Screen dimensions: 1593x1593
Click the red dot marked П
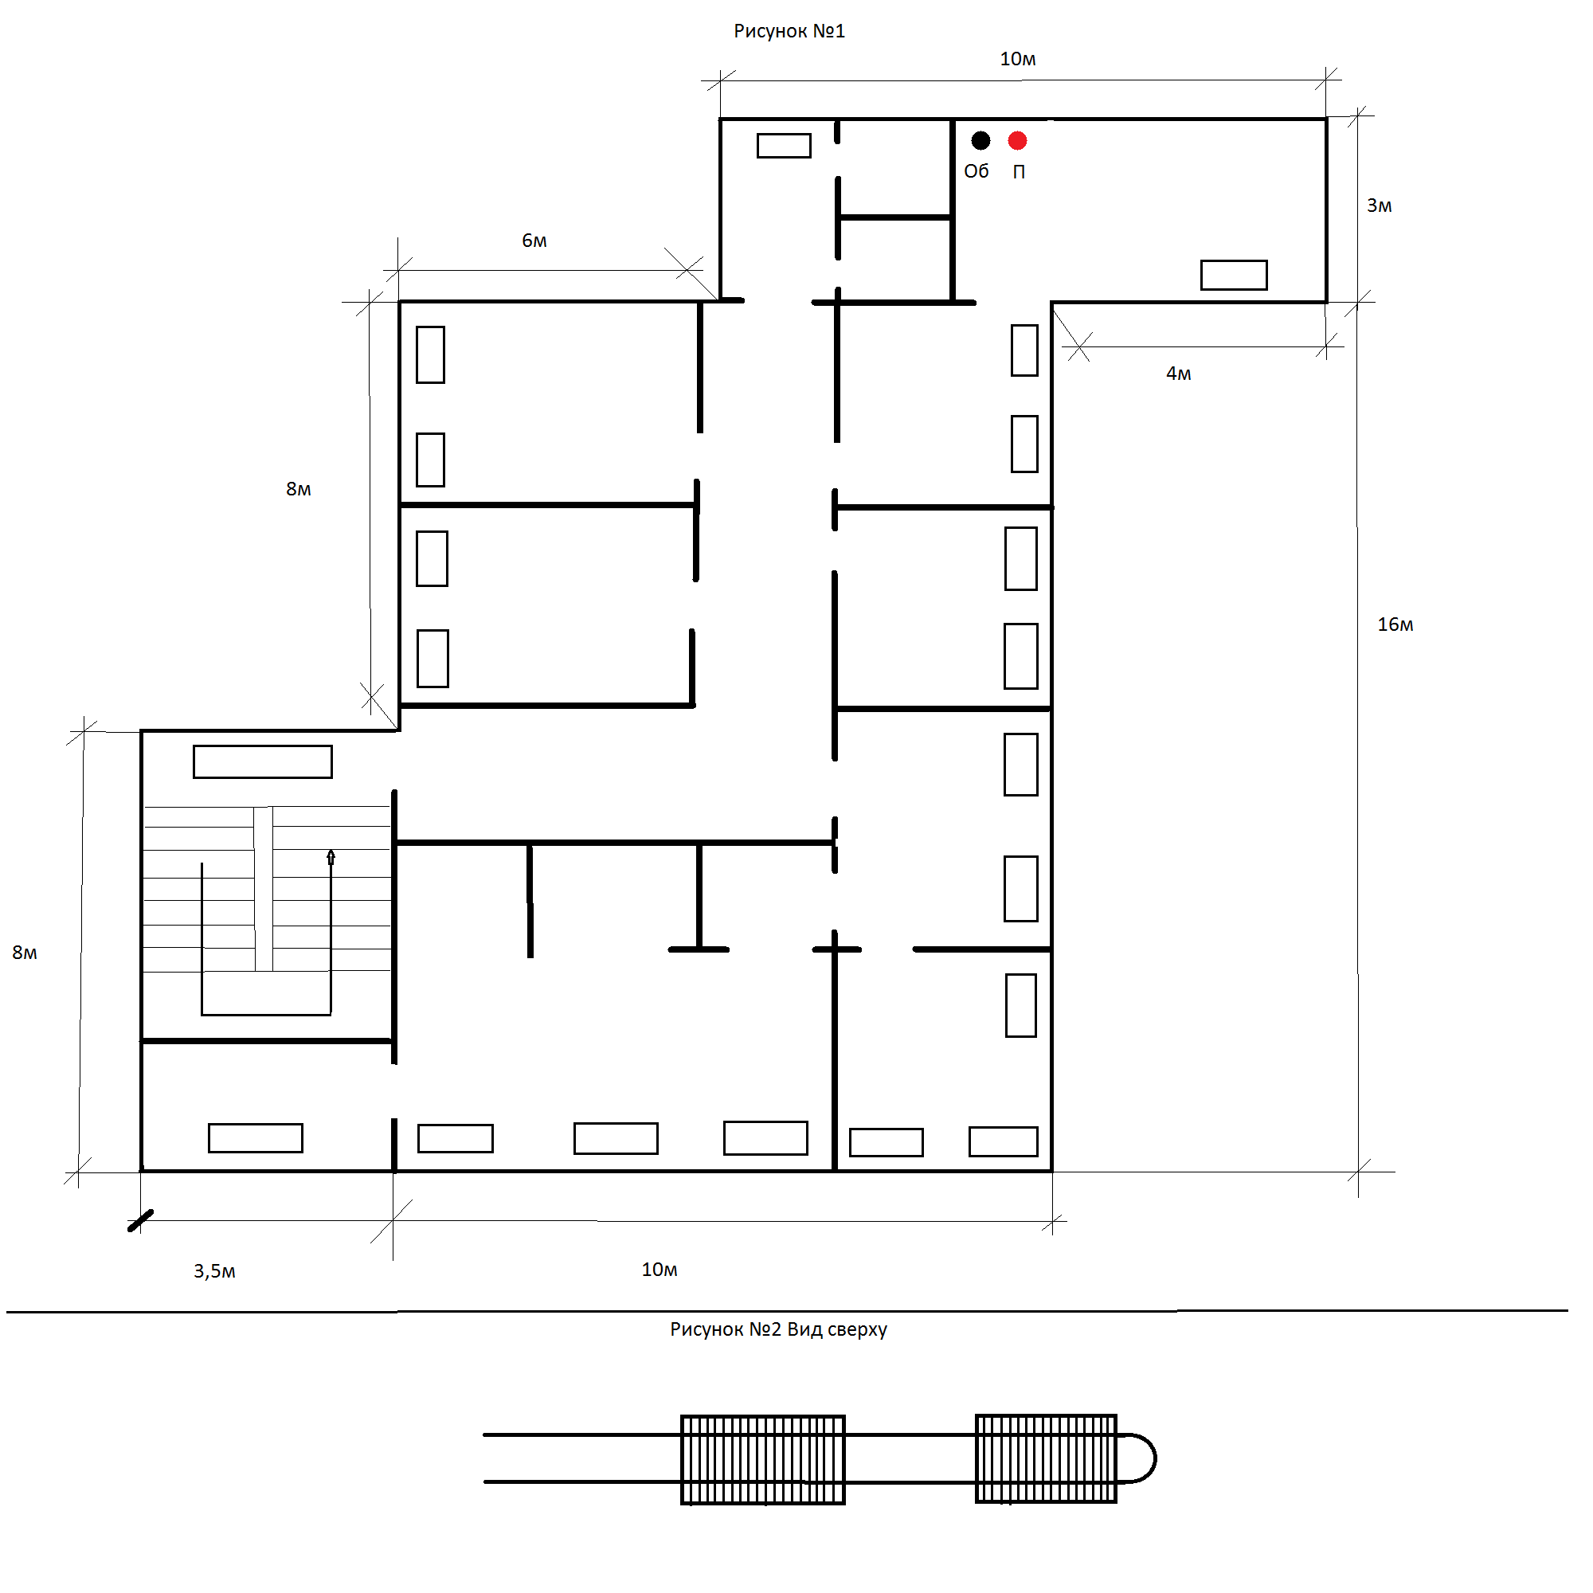[x=1017, y=141]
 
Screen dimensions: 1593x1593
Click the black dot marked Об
[x=980, y=141]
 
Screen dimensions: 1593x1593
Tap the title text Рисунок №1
[x=789, y=31]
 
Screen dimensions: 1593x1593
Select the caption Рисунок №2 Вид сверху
[x=778, y=1329]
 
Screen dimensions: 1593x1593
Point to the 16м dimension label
[x=1395, y=625]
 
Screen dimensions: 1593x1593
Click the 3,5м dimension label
[x=214, y=1271]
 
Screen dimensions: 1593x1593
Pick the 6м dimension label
[x=534, y=241]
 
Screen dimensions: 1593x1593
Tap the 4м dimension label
[x=1178, y=374]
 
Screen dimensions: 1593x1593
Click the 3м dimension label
[x=1380, y=206]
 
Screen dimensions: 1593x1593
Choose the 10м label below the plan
[x=660, y=1270]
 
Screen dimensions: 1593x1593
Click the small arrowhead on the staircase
[x=331, y=857]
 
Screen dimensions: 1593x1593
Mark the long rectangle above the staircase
[x=263, y=762]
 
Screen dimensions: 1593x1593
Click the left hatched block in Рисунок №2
[x=763, y=1459]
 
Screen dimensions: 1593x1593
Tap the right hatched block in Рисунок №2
[x=1046, y=1458]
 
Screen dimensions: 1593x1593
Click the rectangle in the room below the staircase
[x=256, y=1138]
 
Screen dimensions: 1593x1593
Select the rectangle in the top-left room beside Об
[x=784, y=146]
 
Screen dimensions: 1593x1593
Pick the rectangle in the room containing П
[x=1234, y=276]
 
